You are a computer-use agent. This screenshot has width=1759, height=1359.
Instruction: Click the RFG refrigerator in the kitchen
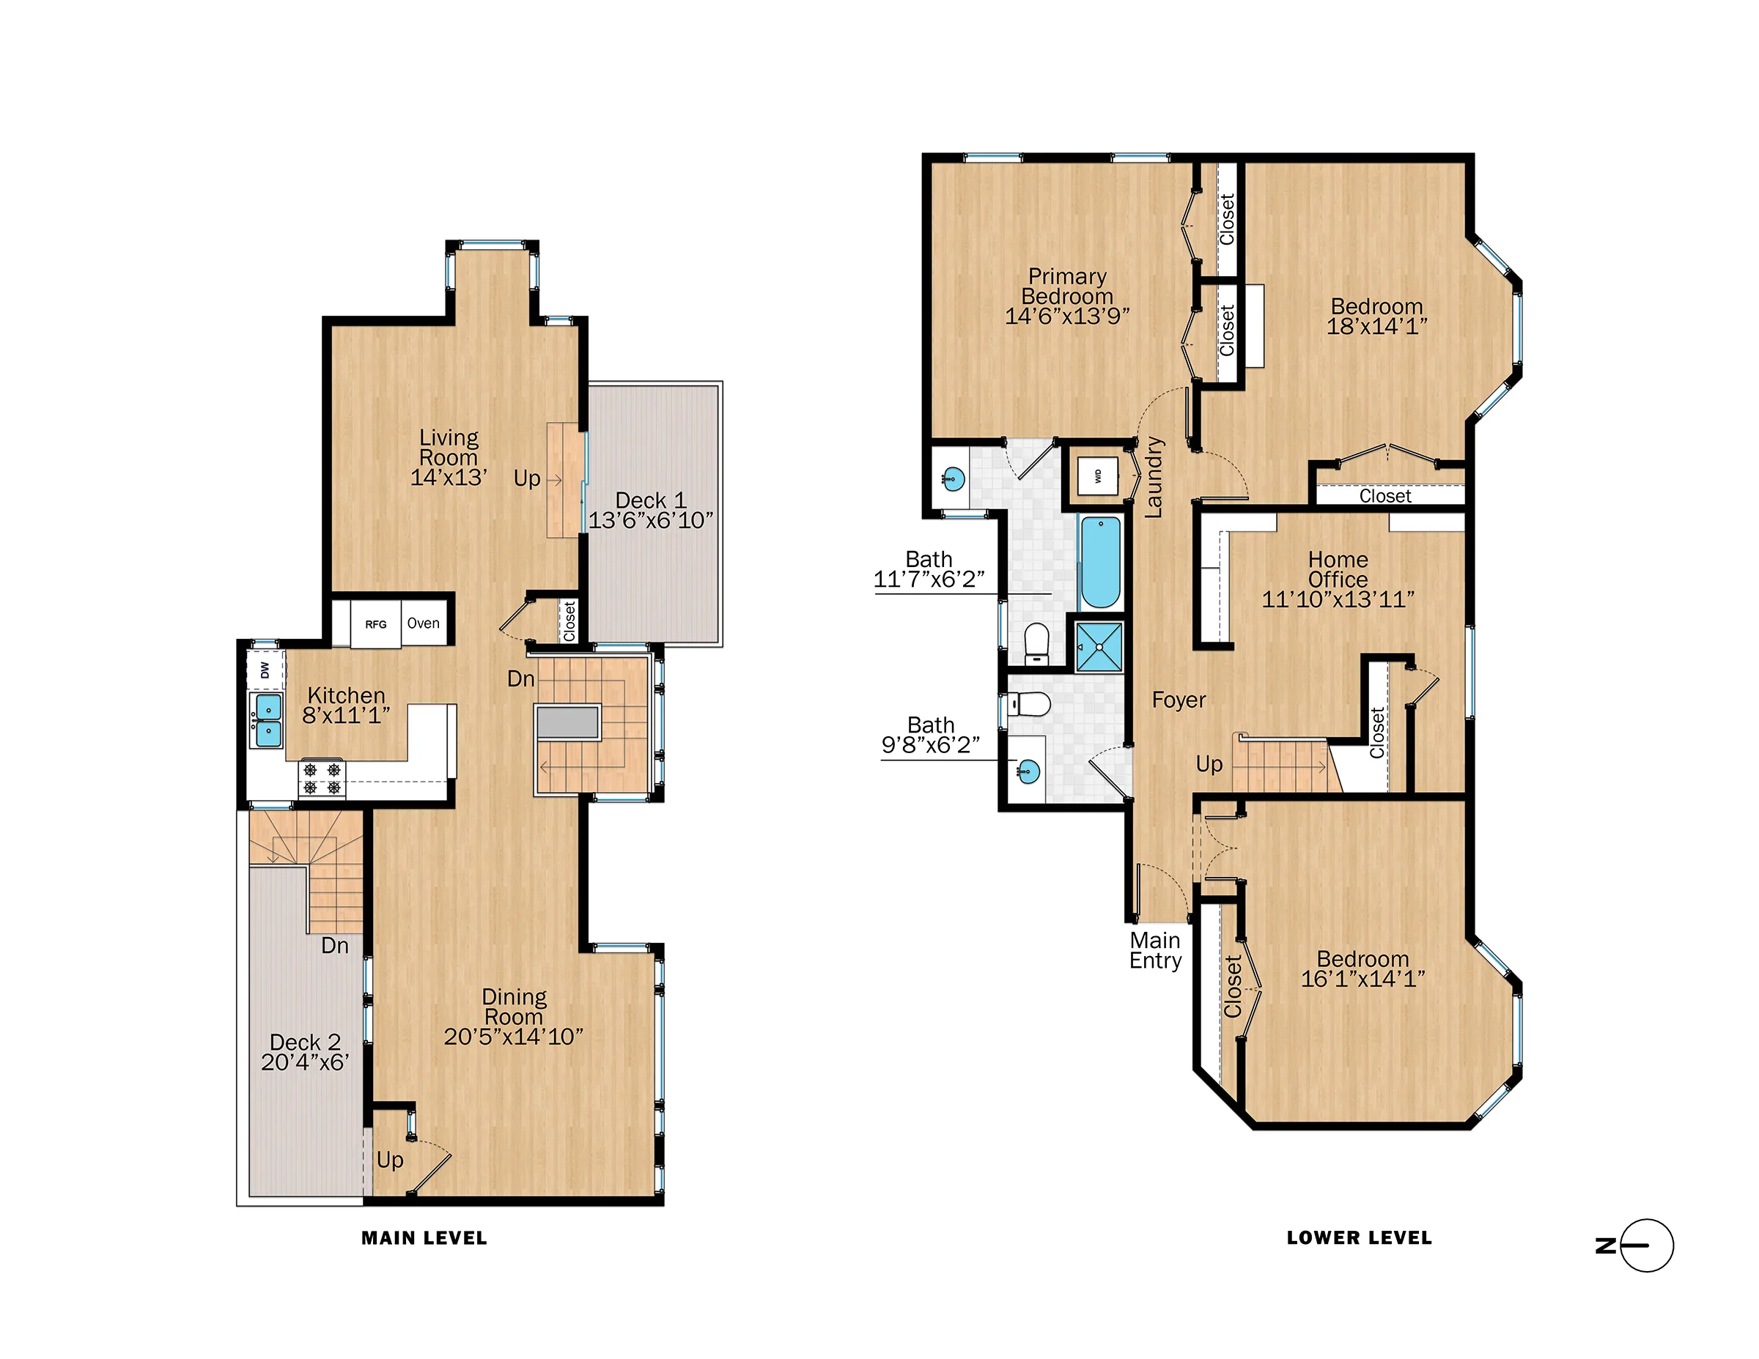pyautogui.click(x=375, y=624)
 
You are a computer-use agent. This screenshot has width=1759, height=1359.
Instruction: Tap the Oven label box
pyautogui.click(x=424, y=623)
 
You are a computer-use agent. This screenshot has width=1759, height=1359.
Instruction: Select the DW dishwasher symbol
pyautogui.click(x=265, y=670)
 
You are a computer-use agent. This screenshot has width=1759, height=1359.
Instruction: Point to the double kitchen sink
pyautogui.click(x=267, y=721)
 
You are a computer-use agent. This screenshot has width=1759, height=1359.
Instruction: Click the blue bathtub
pyautogui.click(x=1100, y=562)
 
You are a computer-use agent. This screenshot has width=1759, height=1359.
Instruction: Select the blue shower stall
pyautogui.click(x=1099, y=646)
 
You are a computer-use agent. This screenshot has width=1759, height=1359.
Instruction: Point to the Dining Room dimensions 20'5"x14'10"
pyautogui.click(x=514, y=1037)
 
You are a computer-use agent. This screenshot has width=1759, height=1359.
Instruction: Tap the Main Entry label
pyautogui.click(x=1155, y=951)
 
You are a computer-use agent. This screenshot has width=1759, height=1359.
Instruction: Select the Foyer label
pyautogui.click(x=1179, y=700)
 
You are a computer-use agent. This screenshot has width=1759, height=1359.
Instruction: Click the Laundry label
pyautogui.click(x=1154, y=477)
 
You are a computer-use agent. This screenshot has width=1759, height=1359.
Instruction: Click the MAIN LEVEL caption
pyautogui.click(x=424, y=1238)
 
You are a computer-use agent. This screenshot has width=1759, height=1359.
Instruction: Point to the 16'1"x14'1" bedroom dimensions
pyautogui.click(x=1362, y=979)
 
